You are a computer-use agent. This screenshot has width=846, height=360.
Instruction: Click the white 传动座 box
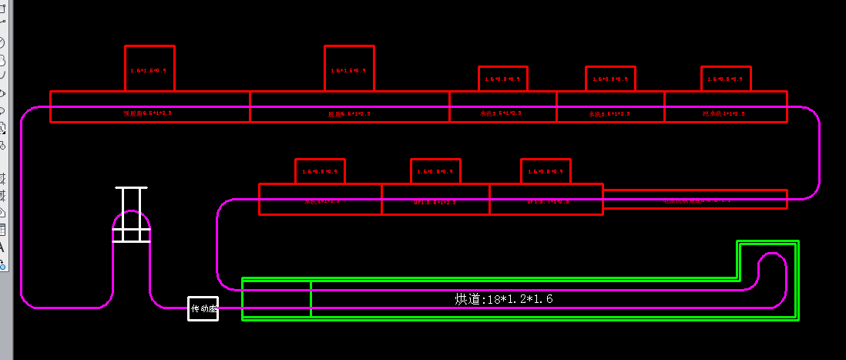(x=203, y=308)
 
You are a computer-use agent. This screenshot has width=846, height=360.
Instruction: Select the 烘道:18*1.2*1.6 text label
(x=504, y=299)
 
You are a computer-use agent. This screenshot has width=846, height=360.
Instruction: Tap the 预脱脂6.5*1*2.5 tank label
(x=148, y=113)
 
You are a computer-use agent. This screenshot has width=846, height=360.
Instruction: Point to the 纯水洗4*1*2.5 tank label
(x=723, y=113)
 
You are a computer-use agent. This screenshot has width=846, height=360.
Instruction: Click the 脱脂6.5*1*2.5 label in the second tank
(x=349, y=113)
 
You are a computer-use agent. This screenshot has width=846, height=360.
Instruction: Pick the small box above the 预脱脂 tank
(x=149, y=68)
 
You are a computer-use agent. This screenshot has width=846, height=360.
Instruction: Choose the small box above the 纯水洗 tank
(x=725, y=79)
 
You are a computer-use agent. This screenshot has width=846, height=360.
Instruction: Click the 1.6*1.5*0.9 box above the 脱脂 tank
(x=349, y=68)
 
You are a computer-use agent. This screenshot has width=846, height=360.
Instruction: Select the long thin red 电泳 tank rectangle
(x=695, y=199)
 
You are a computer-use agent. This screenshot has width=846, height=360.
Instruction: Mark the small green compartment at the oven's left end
(x=277, y=298)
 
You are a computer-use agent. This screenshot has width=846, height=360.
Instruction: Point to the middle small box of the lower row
(x=435, y=171)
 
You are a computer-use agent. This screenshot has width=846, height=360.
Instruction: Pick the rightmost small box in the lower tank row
(x=546, y=171)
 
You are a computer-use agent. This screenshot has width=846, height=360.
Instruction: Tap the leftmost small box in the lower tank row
(x=320, y=171)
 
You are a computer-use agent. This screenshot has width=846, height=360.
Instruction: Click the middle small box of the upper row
(x=503, y=79)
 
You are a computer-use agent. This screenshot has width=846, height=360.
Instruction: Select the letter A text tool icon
(x=2, y=247)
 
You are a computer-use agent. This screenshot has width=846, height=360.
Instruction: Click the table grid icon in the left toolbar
(x=2, y=229)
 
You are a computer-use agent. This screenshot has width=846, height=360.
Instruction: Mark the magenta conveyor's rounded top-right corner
(x=812, y=115)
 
